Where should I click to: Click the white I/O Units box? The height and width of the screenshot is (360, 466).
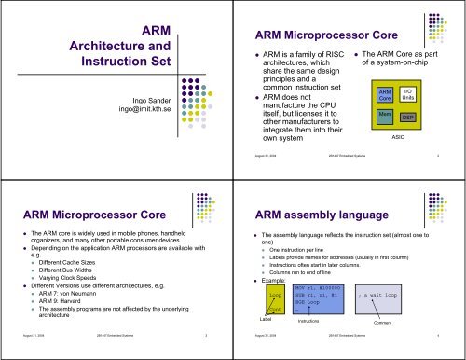pos(407,94)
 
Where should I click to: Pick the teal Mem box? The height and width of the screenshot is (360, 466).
pos(383,117)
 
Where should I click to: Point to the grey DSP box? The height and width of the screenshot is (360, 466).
pos(407,118)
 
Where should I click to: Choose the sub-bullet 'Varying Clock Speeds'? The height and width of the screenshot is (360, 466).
pos(67,271)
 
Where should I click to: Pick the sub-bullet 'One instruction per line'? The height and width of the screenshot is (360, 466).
pos(312,251)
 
